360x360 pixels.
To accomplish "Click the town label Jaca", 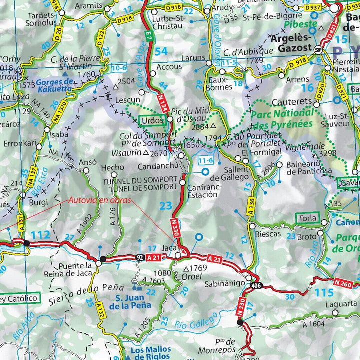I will coord(169,248).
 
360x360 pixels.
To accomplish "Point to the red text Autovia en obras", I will coord(100,200).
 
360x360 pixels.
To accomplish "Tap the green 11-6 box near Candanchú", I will coord(205,160).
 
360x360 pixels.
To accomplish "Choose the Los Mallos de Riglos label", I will coord(150,353).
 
